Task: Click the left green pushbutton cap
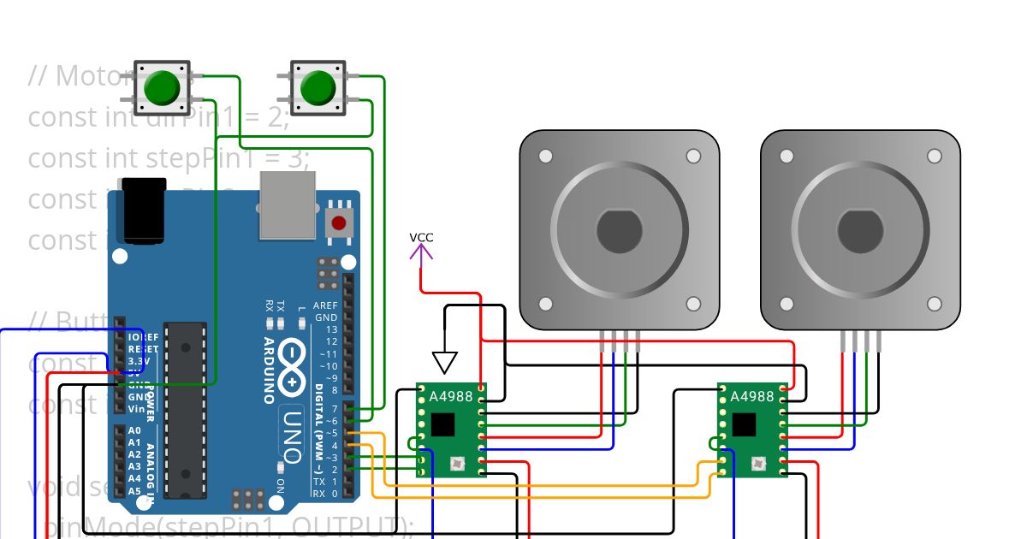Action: pos(162,88)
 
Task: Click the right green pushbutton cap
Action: pos(318,88)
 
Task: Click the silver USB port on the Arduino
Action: pos(288,205)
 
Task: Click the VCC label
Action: pos(421,237)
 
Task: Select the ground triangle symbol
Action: pos(444,363)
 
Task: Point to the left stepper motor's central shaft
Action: pos(619,230)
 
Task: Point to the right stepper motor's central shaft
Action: pos(860,230)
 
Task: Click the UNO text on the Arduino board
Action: pos(292,435)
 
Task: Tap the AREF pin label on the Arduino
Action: pos(325,305)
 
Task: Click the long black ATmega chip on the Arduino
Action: pos(185,409)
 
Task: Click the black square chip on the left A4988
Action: pos(443,425)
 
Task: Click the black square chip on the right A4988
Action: pos(744,425)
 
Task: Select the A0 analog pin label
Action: pos(134,430)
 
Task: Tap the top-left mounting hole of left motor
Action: pos(545,157)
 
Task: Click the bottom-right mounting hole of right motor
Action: pos(935,304)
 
